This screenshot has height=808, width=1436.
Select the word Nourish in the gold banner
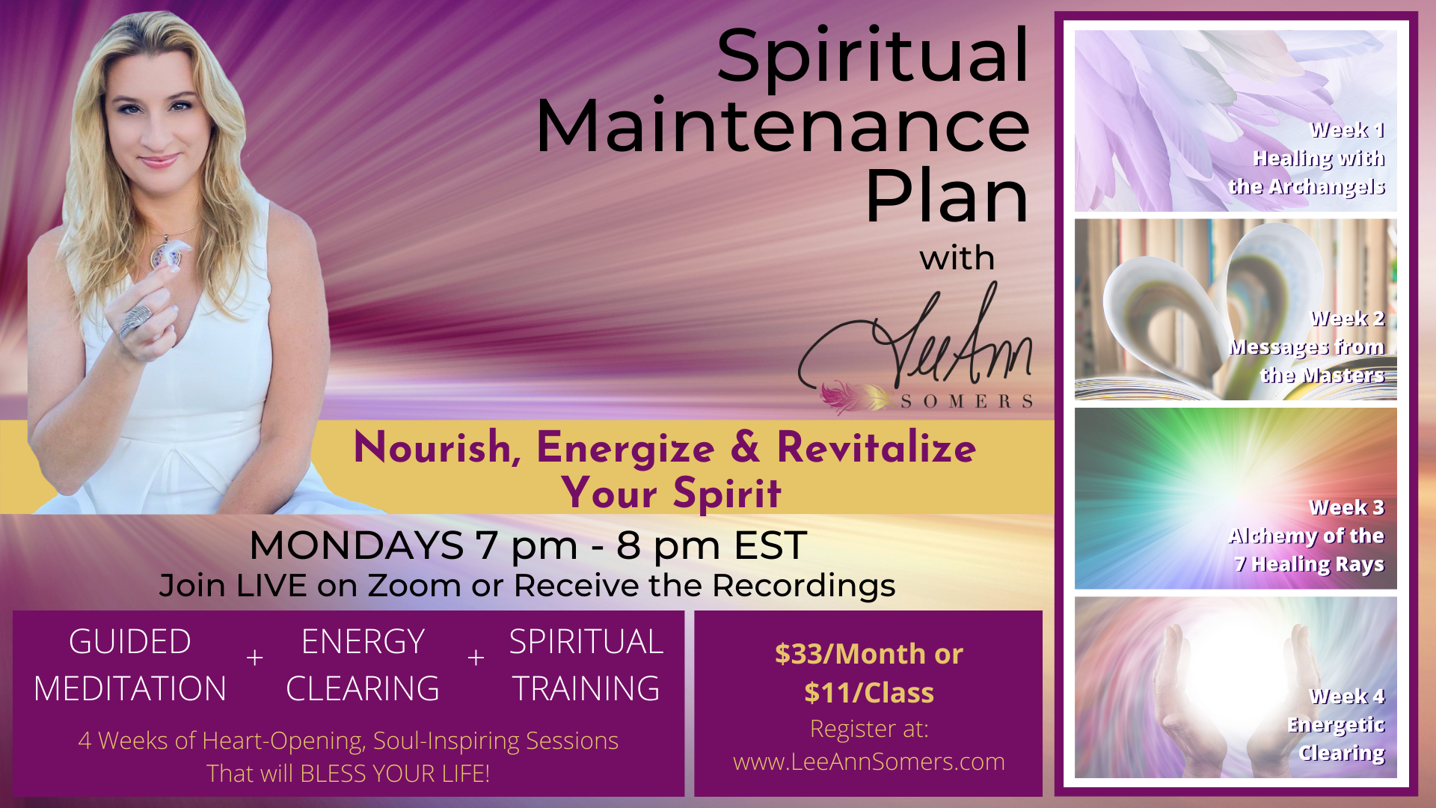[432, 447]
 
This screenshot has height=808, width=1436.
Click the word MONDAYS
[356, 545]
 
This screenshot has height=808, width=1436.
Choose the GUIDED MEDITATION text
[130, 665]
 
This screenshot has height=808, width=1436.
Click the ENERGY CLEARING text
[363, 665]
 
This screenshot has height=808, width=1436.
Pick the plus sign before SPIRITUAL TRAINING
[476, 658]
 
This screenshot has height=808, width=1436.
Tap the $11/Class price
[869, 693]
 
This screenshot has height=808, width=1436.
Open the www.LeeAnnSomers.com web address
[869, 762]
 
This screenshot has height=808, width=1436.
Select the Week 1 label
[1347, 130]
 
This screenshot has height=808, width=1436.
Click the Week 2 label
[1347, 319]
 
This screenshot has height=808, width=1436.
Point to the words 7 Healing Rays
[1309, 564]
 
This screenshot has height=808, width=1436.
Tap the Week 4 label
[1347, 697]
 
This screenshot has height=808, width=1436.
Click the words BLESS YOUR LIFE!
[394, 774]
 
